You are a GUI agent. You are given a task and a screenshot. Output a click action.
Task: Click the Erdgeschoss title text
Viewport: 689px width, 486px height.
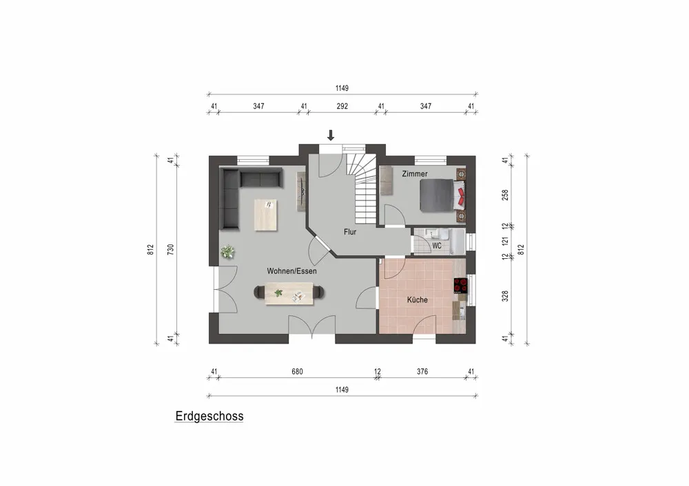(x=209, y=416)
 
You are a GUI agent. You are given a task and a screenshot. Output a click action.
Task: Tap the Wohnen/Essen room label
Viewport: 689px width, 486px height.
(x=291, y=271)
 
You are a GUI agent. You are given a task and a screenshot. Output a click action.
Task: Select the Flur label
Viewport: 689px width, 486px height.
(x=350, y=232)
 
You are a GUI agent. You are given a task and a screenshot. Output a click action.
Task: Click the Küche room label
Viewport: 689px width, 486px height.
(x=417, y=299)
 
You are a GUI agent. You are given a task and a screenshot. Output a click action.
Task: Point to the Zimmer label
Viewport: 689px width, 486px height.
(x=415, y=174)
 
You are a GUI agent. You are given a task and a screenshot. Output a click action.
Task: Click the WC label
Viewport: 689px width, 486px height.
(x=437, y=246)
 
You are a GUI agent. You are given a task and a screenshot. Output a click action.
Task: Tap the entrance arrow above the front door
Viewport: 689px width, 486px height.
(x=331, y=135)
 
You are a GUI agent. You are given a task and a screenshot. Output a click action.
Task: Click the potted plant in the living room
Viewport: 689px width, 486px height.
(x=227, y=252)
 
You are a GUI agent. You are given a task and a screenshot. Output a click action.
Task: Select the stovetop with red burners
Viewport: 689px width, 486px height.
(x=460, y=286)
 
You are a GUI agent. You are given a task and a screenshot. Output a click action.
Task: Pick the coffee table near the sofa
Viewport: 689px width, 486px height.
(x=266, y=215)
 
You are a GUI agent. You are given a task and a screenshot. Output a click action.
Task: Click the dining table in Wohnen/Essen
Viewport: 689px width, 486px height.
(x=289, y=293)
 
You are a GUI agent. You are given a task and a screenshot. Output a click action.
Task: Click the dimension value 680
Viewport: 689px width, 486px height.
(x=297, y=372)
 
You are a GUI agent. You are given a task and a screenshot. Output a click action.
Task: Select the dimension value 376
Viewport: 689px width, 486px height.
(x=422, y=372)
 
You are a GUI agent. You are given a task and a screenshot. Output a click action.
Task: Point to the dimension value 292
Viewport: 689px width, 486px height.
(x=342, y=106)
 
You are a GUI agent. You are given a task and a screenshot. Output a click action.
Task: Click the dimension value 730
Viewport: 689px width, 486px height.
(x=170, y=249)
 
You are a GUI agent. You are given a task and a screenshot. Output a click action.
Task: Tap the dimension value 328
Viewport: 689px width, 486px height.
(x=505, y=296)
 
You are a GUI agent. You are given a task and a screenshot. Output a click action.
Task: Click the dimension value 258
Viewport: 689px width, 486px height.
(x=505, y=195)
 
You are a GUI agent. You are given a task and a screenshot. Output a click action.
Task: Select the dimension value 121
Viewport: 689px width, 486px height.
(x=505, y=241)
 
